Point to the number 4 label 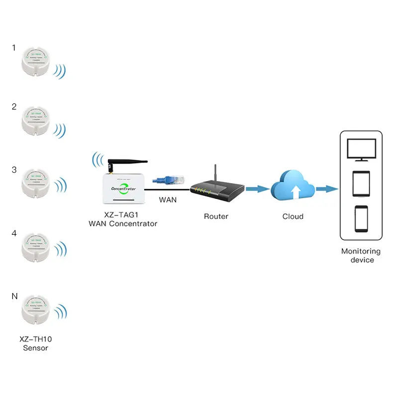click(x=14, y=233)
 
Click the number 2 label click(x=14, y=106)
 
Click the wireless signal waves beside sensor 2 click(x=60, y=131)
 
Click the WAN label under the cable click(x=167, y=200)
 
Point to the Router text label click(x=216, y=216)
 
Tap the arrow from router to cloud click(x=258, y=189)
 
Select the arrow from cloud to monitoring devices click(x=326, y=189)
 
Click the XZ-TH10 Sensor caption click(x=35, y=343)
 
